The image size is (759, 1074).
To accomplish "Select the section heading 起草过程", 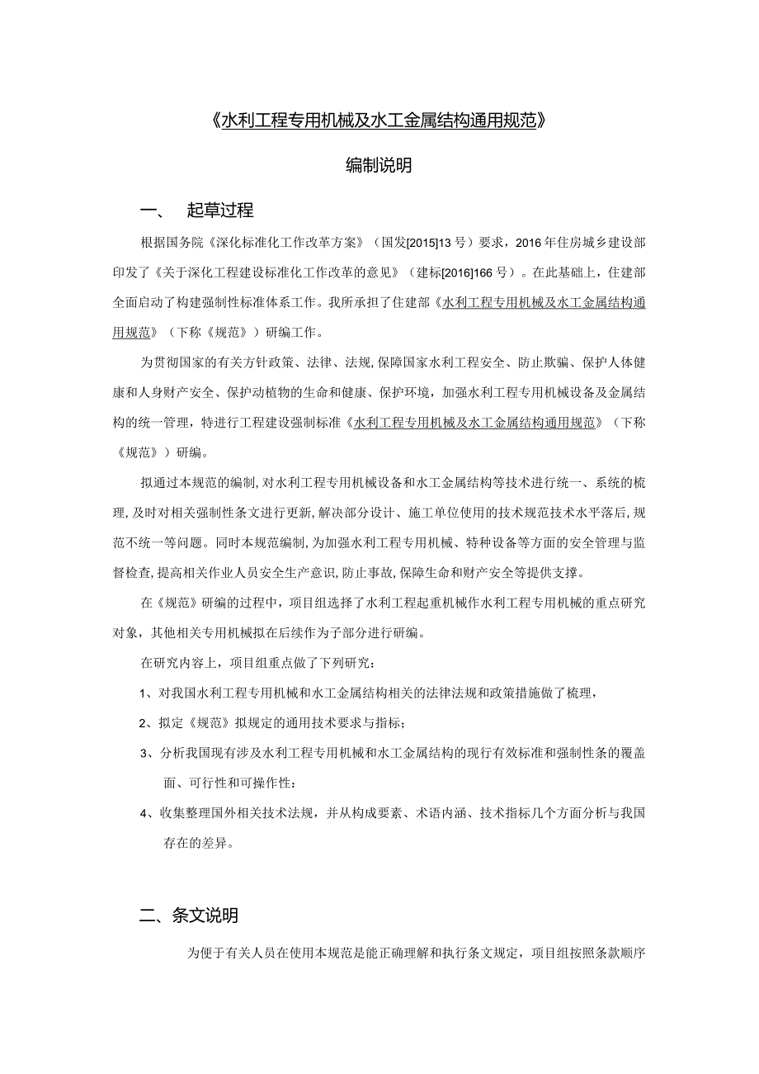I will point(220,211).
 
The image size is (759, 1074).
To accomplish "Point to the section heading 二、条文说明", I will point(189,916).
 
